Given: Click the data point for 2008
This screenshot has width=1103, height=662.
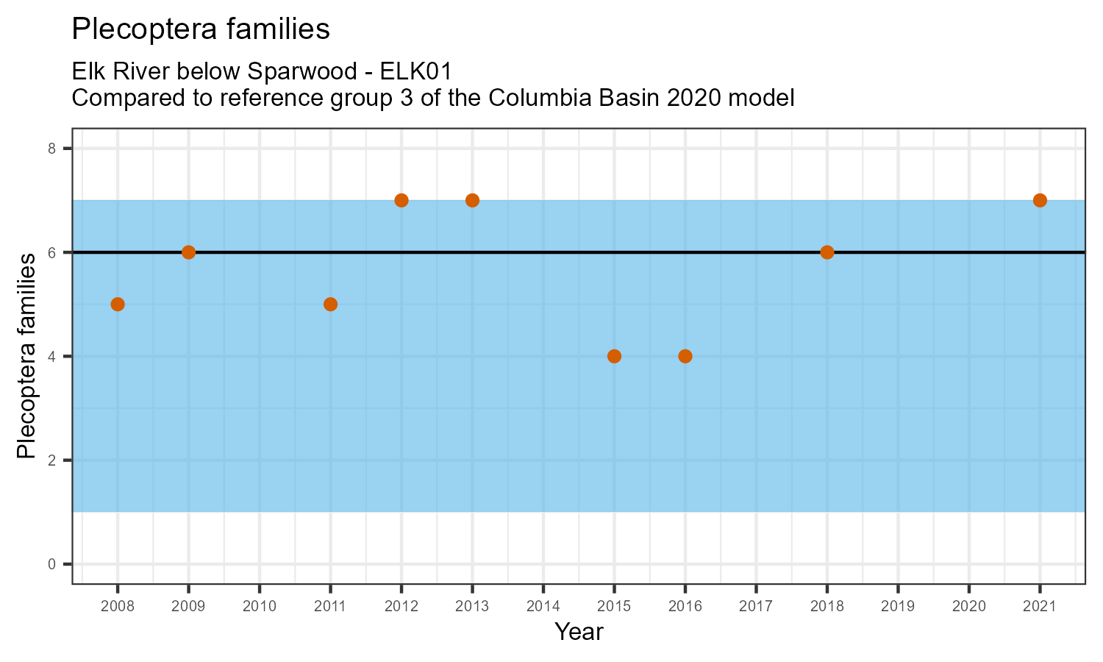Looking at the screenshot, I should coord(118,305).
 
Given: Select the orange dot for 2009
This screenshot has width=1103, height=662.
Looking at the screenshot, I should coord(188,252).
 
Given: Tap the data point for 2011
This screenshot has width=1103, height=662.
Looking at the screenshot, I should coord(330,305).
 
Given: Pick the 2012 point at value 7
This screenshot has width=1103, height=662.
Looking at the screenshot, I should coord(401,200).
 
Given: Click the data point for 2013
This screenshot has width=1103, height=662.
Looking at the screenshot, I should coord(472,200).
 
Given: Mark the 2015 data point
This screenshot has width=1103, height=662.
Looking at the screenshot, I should coord(614,356).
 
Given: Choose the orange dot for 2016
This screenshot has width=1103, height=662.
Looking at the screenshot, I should coord(685,356).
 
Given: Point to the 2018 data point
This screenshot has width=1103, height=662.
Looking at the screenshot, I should coord(827,252).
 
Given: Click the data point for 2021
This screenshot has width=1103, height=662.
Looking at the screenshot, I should coord(1040,200).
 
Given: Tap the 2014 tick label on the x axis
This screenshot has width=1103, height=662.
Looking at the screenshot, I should coord(543,607).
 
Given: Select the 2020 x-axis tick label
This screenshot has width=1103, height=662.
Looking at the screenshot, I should coord(968,607).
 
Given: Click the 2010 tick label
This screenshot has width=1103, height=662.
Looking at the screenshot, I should coord(260,607).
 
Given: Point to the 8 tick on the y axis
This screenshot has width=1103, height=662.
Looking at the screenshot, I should coord(51,149).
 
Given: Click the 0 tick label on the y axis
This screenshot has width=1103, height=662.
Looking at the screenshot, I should coord(51,564).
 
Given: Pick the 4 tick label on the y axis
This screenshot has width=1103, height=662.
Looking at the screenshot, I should coord(51,357).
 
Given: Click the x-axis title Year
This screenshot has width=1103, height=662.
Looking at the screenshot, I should coord(579,632).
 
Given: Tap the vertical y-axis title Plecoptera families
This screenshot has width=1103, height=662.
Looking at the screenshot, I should coord(26,356).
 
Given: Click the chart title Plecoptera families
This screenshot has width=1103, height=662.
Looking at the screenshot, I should coord(200,29).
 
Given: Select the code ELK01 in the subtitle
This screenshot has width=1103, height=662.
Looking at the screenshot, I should coord(416,71).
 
